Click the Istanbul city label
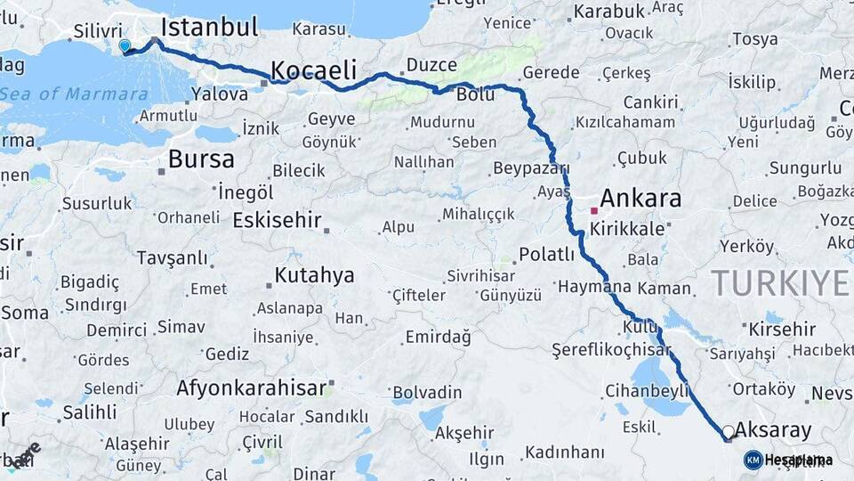209,26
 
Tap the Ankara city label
640,198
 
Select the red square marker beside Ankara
593,211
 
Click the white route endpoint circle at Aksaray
729,432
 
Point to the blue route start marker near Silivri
125,45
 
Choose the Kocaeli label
313,70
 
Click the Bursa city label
201,159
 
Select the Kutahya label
314,275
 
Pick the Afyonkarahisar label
251,388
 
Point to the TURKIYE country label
780,282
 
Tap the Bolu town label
474,94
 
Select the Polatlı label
547,255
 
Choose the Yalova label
220,94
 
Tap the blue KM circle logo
753,460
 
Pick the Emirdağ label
437,337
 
